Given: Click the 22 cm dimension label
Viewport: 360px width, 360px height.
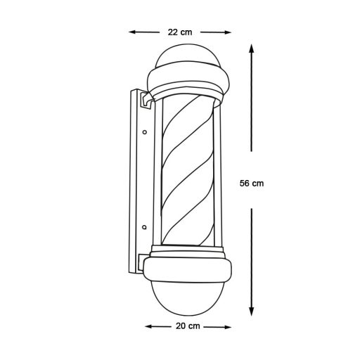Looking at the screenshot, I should coord(180,32).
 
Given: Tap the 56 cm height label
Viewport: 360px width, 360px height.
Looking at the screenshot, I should coord(251,183).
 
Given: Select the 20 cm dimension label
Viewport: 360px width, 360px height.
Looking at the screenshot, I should coord(188,326).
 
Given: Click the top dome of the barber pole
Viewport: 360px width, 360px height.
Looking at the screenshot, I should coord(188,56).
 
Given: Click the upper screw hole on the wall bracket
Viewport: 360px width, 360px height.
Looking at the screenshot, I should coord(144,131).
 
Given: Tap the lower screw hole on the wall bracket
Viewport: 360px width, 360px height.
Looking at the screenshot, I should coord(144,227).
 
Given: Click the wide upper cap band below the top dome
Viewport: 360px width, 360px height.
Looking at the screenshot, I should coord(188,79).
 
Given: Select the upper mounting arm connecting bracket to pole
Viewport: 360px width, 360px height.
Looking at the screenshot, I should coord(147,101).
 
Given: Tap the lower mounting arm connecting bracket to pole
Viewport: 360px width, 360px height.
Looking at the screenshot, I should coord(146,256).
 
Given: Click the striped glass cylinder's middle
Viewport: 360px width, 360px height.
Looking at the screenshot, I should coord(188,176).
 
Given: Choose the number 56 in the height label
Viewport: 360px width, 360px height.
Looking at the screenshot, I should coord(245,183).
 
